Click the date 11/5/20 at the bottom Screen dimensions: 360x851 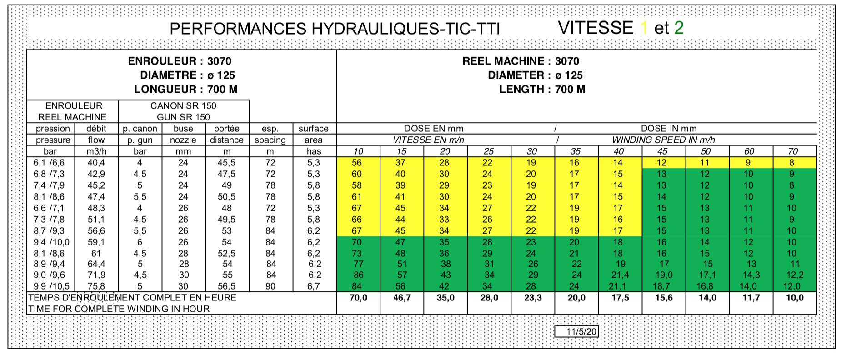pyautogui.click(x=581, y=331)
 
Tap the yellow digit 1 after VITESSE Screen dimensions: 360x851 pyautogui.click(x=644, y=28)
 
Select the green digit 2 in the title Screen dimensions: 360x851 pyautogui.click(x=679, y=28)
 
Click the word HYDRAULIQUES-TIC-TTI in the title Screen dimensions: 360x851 pyautogui.click(x=405, y=29)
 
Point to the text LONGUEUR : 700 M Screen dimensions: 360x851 pyautogui.click(x=185, y=89)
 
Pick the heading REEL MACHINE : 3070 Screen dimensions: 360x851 pyautogui.click(x=521, y=61)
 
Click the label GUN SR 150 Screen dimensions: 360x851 pyautogui.click(x=184, y=117)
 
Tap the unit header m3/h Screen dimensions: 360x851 pyautogui.click(x=96, y=151)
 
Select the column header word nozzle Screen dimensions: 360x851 pyautogui.click(x=183, y=140)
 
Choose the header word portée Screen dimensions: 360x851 pyautogui.click(x=226, y=129)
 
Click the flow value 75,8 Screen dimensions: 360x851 pyautogui.click(x=96, y=286)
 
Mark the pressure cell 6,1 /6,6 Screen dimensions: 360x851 pyautogui.click(x=49, y=163)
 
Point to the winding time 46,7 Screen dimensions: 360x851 pyautogui.click(x=402, y=298)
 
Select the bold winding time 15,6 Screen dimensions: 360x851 pyautogui.click(x=664, y=298)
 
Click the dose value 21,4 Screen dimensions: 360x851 pyautogui.click(x=620, y=275)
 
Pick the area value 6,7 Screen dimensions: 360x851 pyautogui.click(x=314, y=286)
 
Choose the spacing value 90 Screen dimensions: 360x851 pyautogui.click(x=270, y=286)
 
